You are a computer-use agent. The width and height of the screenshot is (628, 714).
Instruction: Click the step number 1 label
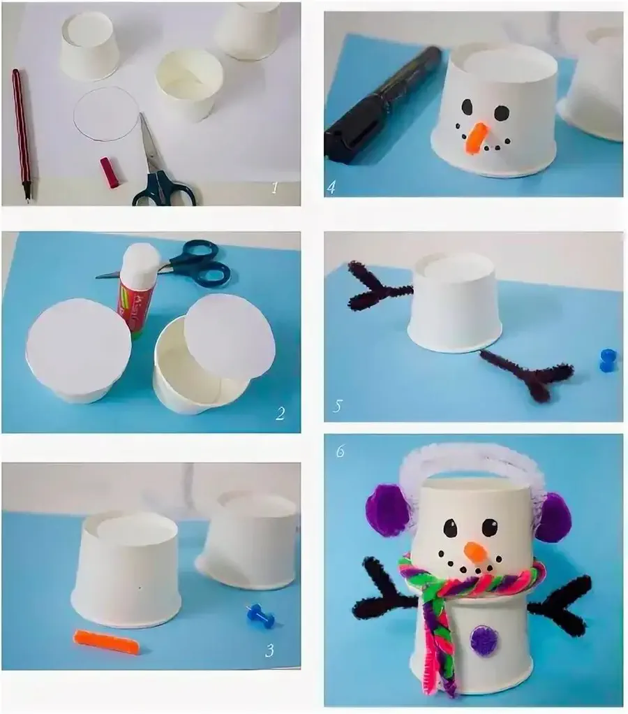coord(274,187)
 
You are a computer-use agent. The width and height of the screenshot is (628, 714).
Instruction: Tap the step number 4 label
coord(331,187)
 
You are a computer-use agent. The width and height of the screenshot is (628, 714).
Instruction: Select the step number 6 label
coord(340,451)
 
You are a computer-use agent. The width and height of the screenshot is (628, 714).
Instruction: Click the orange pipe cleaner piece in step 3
coord(106,641)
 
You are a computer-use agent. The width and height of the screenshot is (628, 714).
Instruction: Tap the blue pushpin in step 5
coord(608,360)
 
